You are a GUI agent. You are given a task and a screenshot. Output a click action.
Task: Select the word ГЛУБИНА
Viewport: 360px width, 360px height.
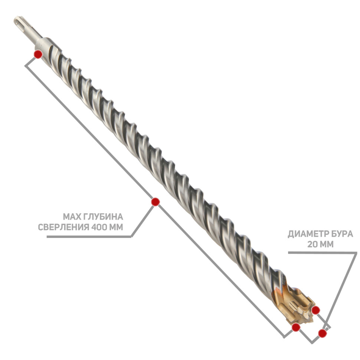103,216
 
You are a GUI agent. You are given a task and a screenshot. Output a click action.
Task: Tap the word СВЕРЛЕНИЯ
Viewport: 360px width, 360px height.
63,227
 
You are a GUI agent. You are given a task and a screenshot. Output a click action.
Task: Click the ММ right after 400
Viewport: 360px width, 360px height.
116,227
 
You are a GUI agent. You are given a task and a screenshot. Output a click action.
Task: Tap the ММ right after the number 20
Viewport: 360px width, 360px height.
327,244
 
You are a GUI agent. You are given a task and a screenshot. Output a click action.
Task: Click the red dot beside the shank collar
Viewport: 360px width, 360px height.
38,55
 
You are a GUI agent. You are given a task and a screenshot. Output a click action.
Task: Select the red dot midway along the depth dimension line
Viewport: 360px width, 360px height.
156,202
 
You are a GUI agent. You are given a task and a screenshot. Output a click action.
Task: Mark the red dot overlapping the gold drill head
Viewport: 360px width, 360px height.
316,310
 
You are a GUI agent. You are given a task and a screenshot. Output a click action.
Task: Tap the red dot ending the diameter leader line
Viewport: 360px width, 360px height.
323,333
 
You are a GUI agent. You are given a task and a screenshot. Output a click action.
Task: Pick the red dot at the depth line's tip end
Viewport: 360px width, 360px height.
296,327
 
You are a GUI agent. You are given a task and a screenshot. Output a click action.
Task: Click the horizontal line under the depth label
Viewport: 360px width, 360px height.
89,237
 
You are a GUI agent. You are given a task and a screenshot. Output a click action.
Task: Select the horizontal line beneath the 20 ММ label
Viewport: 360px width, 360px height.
323,253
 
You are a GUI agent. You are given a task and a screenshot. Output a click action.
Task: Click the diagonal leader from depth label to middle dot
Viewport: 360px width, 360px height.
143,220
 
